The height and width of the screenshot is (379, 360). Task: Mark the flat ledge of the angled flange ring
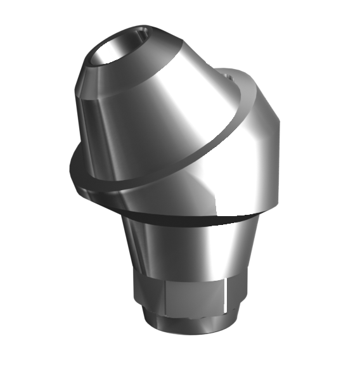click(x=127, y=185)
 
